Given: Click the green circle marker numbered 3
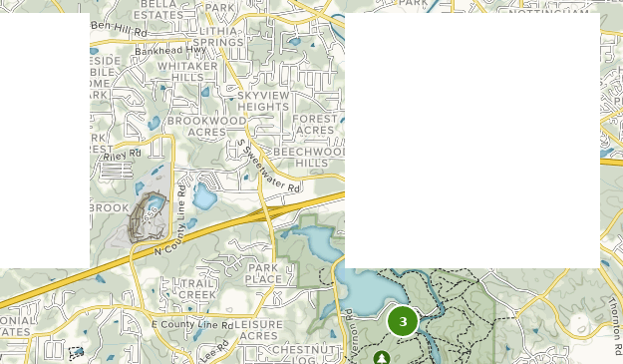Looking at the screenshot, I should coord(403,321).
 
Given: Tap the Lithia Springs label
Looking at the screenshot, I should coord(218,37).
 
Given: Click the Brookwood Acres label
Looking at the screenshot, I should coord(206,126).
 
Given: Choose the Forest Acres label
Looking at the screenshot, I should coord(315,125).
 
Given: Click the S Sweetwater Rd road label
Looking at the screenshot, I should coord(267,164).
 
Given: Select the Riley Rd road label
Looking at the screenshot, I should coord(125,155).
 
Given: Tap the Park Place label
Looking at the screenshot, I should coord(264,274).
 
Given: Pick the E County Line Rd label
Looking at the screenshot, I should coord(192,324).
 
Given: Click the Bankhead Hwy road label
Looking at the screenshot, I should coord(169,48).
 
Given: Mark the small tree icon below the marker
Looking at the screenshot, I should coord(382,356).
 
